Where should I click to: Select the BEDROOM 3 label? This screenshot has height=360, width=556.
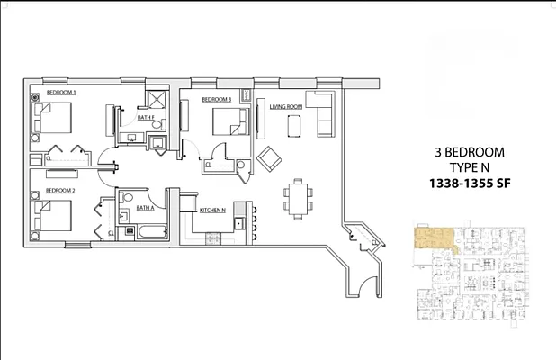(x=217, y=99)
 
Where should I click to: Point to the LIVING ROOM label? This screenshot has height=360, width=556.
(x=286, y=107)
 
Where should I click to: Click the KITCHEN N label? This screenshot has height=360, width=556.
(x=212, y=210)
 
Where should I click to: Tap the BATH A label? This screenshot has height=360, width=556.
(x=146, y=208)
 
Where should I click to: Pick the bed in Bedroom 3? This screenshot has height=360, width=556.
(x=230, y=121)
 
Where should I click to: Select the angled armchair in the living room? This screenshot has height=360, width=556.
(x=269, y=160)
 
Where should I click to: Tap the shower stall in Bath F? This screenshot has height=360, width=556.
(x=156, y=99)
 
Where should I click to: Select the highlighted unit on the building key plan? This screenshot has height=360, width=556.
(x=432, y=239)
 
